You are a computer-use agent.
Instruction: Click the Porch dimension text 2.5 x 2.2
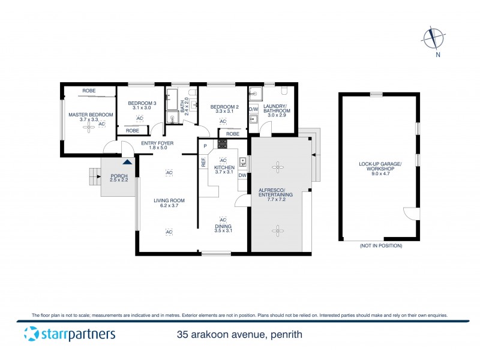(119, 179)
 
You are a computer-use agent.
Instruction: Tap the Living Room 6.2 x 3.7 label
(169, 203)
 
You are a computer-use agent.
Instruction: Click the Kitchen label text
(223, 169)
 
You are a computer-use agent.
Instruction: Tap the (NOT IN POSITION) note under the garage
(381, 246)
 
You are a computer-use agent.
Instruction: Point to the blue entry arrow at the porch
(127, 161)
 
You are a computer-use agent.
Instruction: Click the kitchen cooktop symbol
(222, 143)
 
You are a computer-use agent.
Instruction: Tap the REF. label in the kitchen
(203, 162)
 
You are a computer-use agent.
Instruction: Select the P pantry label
(205, 146)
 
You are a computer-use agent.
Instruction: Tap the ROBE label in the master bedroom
(88, 90)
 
